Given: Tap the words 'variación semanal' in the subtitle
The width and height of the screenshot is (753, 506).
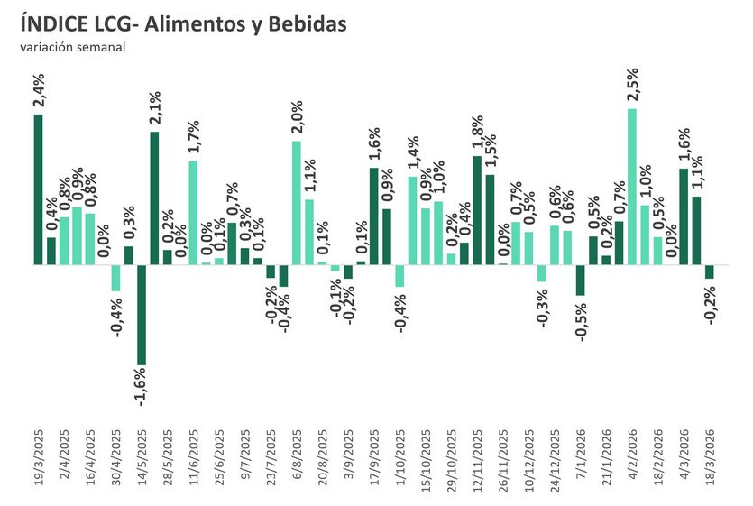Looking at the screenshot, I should click(73, 48).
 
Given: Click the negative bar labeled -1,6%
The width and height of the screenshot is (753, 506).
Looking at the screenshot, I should click(142, 315).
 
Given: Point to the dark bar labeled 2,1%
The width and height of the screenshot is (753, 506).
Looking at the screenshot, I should click(154, 198).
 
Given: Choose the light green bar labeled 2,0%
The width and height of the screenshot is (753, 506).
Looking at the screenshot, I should click(296, 203).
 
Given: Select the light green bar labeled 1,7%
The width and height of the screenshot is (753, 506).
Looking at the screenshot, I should click(192, 213).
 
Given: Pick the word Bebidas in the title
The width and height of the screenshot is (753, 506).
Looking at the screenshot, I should click(303, 25).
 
